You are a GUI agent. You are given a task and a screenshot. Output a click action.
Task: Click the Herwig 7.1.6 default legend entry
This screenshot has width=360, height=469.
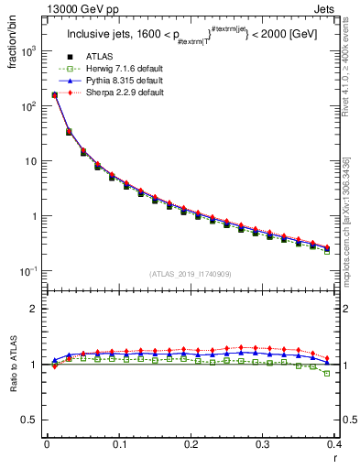(x=115, y=70)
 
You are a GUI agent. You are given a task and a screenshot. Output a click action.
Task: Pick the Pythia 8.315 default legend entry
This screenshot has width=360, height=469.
(x=115, y=82)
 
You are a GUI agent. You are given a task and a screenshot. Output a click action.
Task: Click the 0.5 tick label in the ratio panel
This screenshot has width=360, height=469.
(x=29, y=420)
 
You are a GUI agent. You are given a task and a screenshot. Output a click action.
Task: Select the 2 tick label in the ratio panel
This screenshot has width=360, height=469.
(x=35, y=309)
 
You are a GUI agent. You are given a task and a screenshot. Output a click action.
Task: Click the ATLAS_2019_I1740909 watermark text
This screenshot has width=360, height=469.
(x=190, y=273)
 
